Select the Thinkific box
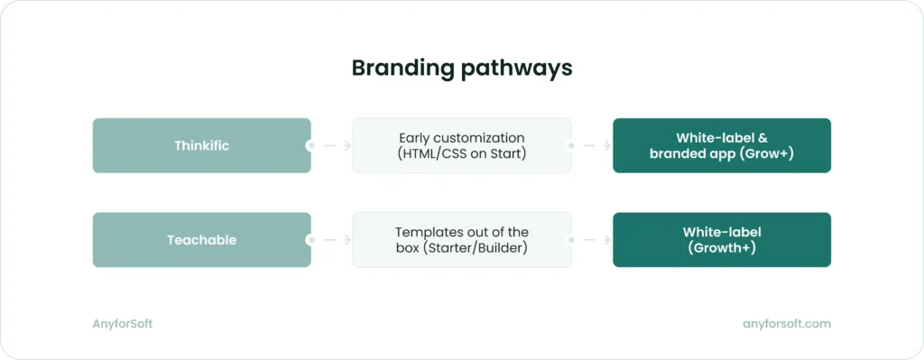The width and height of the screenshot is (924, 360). tap(201, 145)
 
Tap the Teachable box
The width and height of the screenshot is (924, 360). tap(201, 240)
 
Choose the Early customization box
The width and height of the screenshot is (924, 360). tap(461, 145)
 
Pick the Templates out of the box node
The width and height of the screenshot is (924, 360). tap(461, 240)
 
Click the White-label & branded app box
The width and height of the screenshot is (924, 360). tap(721, 145)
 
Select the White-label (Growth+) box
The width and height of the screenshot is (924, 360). tap(721, 240)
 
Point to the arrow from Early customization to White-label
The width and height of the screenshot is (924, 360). tap(592, 145)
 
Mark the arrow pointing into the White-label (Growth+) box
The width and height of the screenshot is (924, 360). tap(592, 240)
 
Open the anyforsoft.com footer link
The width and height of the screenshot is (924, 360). tap(785, 323)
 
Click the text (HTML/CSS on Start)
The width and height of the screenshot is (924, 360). tap(461, 153)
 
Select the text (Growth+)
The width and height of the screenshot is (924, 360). tap(721, 248)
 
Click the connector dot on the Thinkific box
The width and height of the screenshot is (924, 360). tap(310, 145)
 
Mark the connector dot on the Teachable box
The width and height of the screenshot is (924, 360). tap(310, 240)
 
